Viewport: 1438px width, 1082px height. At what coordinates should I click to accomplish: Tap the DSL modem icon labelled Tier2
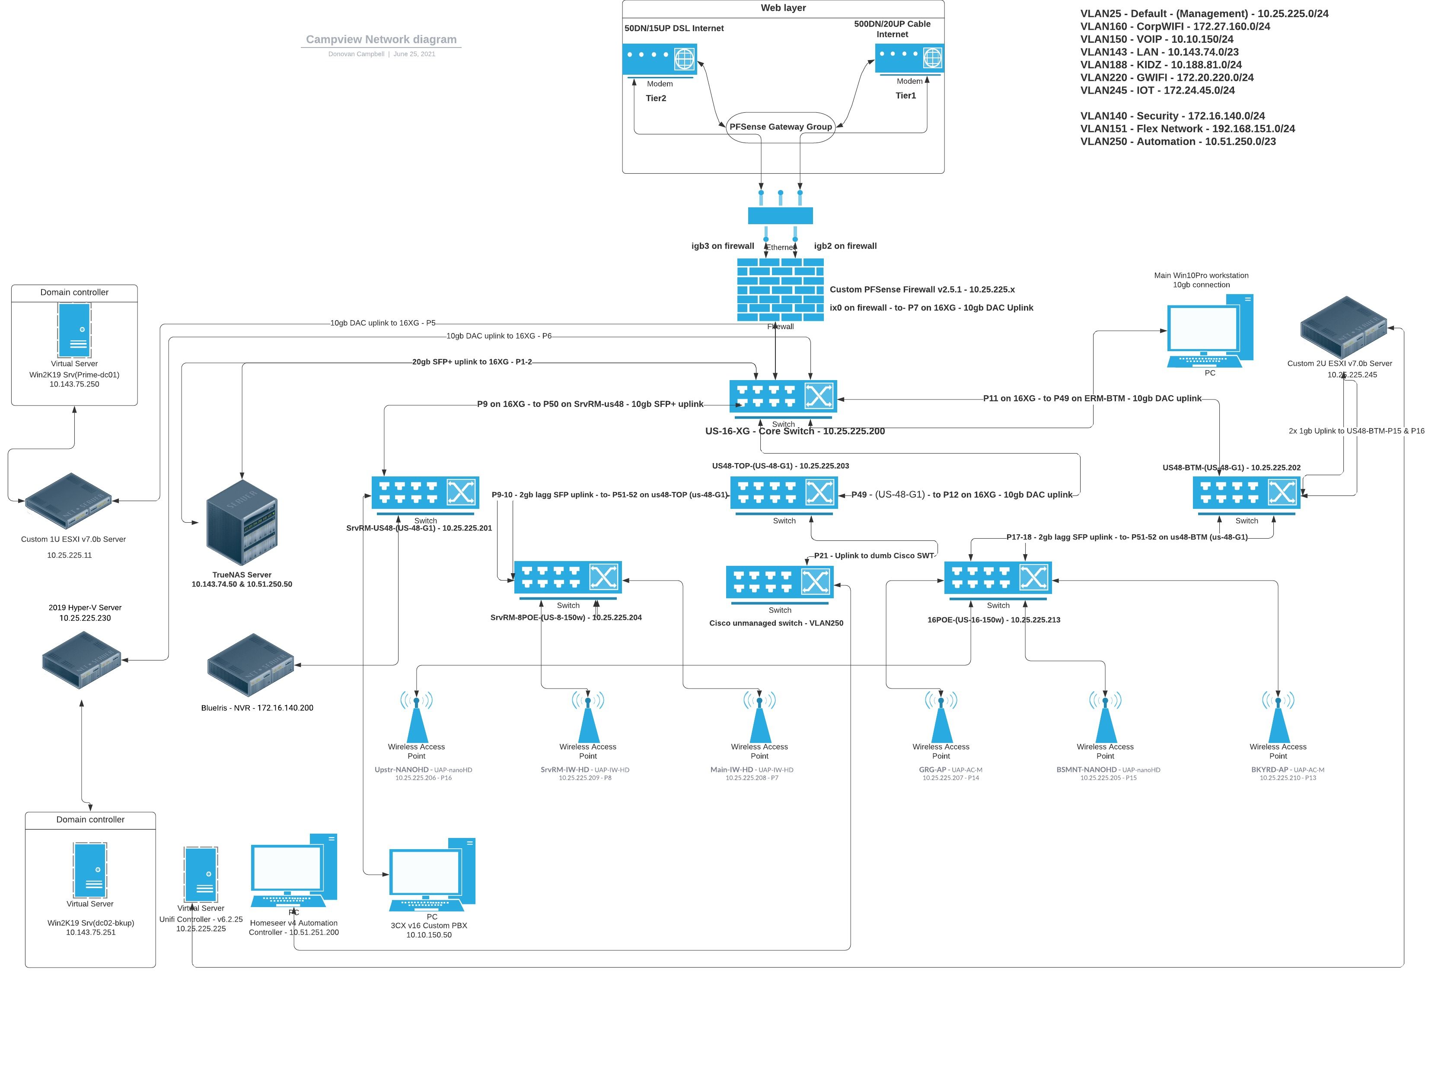(659, 60)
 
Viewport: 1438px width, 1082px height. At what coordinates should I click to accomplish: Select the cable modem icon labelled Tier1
(909, 58)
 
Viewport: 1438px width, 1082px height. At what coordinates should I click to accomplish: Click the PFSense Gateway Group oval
(780, 127)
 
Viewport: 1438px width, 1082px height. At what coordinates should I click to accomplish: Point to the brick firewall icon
(780, 290)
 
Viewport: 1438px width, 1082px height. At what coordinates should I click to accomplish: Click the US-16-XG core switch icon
(783, 397)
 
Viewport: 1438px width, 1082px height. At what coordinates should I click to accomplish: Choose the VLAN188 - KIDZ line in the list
(1161, 65)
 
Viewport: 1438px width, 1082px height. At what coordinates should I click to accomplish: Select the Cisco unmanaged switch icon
(779, 582)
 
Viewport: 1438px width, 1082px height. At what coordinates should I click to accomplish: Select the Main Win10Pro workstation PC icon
(1210, 330)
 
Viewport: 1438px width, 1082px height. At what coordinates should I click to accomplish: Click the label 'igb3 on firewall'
(722, 246)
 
